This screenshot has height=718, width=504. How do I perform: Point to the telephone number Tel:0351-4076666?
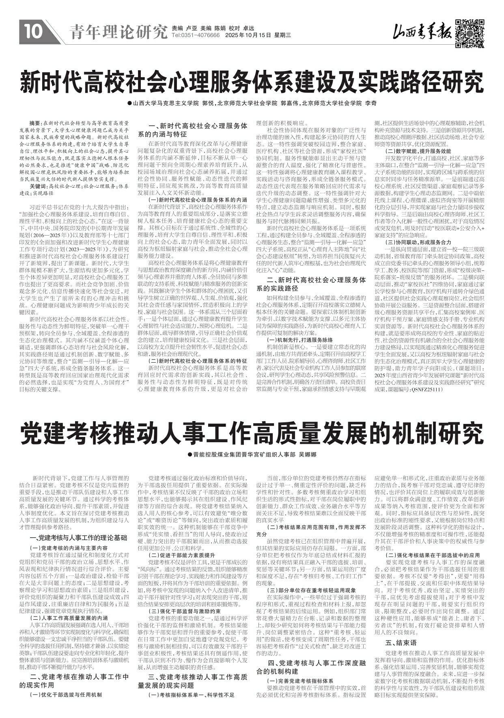(x=196, y=36)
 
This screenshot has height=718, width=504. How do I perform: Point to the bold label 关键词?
(x=38, y=186)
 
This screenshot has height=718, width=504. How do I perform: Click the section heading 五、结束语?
(x=401, y=643)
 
